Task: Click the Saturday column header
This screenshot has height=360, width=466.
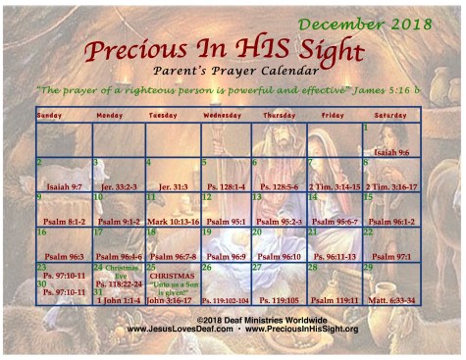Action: click(390, 115)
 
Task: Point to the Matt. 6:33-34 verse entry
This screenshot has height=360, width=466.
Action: click(390, 299)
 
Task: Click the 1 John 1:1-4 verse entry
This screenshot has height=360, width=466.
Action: click(118, 299)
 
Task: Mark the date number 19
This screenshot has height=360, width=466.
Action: click(206, 232)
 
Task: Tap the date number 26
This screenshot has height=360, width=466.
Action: click(206, 267)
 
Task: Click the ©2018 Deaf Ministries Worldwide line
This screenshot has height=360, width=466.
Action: click(234, 320)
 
